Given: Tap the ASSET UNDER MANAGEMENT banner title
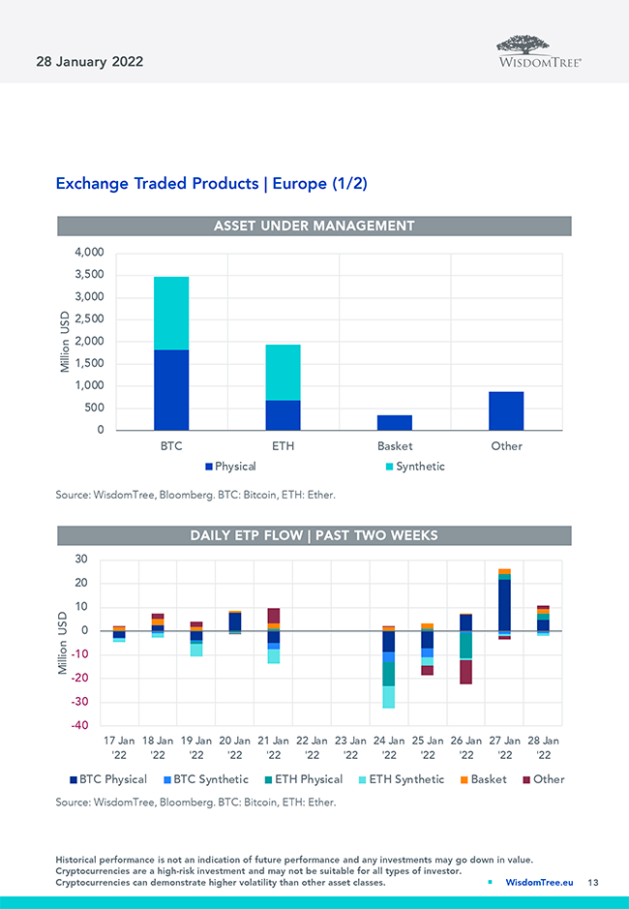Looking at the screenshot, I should [314, 226].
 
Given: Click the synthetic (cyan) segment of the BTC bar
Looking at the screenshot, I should [171, 313].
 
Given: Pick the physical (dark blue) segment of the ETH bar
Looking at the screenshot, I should [283, 415].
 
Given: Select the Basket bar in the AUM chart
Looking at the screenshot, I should [394, 423].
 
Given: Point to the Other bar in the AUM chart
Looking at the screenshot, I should [506, 411].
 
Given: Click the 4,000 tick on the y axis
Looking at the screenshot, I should [89, 252].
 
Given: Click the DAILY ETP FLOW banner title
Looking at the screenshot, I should [314, 535].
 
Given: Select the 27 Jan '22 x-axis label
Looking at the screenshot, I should [504, 746].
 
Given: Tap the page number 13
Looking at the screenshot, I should [593, 882].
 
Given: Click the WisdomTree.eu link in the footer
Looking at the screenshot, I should [539, 882].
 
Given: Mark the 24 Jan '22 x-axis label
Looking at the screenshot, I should [389, 746].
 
